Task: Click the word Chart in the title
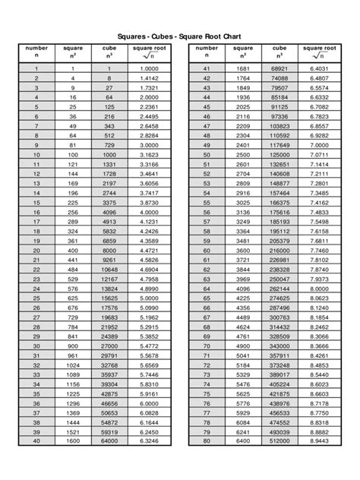pyautogui.click(x=229, y=35)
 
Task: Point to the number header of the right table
pyautogui.click(x=206, y=51)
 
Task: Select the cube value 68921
pyautogui.click(x=279, y=68)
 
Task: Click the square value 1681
pyautogui.click(x=242, y=68)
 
